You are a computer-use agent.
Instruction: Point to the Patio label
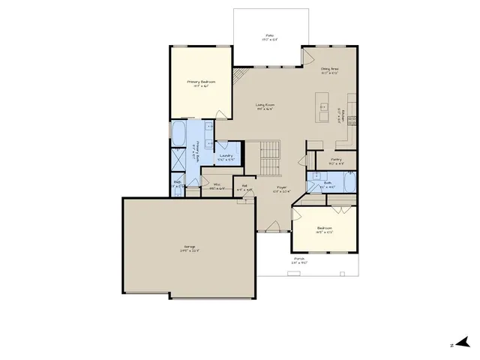coord(269,37)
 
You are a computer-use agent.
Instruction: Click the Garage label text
coord(190,247)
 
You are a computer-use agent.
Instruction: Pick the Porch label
coord(300,260)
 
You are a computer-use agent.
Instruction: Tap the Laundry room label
coord(226,157)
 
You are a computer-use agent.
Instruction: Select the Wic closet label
coord(216,187)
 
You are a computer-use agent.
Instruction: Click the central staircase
coord(270,157)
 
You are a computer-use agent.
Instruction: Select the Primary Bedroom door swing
coord(220,115)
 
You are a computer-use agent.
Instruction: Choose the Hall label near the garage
coord(244,189)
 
